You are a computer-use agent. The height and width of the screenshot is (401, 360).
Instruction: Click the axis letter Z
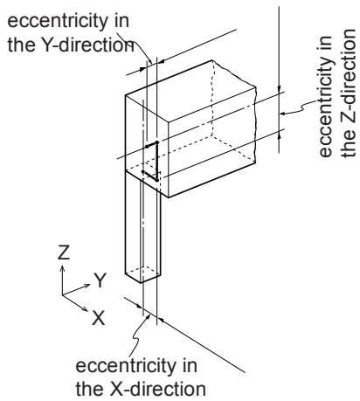pos(64,252)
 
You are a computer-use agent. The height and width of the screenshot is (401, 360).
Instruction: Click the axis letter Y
pos(100,280)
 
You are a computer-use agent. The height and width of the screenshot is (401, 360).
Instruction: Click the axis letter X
pos(98,318)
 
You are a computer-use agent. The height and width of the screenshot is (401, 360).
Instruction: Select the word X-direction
pos(157,389)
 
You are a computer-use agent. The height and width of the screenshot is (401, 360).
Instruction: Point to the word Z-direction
pos(349,93)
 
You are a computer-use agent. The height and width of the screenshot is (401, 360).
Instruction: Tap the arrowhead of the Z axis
pos(62,267)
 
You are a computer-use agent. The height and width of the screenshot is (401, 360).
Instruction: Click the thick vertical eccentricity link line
pos(156,162)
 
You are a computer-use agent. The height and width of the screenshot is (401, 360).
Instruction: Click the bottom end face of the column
pos(142,274)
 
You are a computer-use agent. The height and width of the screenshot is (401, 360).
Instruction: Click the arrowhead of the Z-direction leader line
pos(283,114)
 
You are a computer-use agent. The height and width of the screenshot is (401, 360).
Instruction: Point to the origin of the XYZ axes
pos(62,294)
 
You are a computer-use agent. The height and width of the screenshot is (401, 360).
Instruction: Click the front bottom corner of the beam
pos(169,197)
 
